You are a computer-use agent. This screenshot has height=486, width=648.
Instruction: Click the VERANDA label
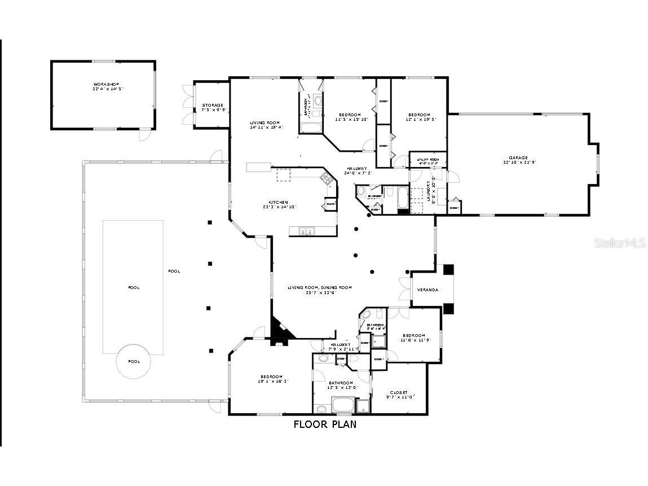point(427,290)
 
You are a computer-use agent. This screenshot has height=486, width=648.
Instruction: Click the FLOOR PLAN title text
point(325,424)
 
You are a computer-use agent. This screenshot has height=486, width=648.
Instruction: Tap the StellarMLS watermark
point(618,243)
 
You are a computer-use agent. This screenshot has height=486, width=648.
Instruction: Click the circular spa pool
point(134,361)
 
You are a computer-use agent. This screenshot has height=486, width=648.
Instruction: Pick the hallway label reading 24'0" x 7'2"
point(356,170)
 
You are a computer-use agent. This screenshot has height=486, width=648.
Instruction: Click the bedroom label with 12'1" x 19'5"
point(419,117)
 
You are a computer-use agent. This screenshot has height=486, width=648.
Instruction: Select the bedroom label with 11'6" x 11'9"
point(413,338)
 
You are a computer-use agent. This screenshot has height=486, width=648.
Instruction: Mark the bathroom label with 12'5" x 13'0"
point(342,385)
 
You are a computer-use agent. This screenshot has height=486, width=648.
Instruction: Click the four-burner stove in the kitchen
point(327,179)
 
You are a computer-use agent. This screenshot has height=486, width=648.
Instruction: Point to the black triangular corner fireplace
point(280,327)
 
